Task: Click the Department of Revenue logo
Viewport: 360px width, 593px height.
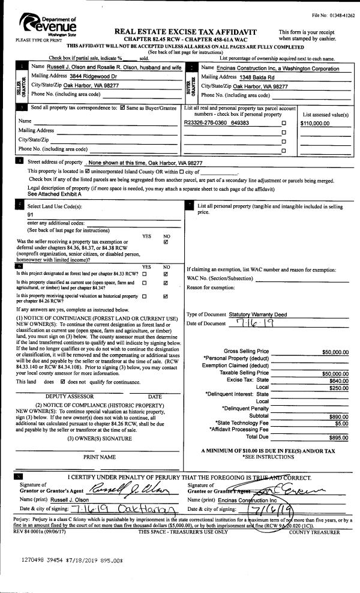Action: pyautogui.click(x=48, y=26)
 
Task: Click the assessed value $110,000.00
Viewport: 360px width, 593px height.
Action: pyautogui.click(x=316, y=122)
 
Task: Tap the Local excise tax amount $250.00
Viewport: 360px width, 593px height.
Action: pyautogui.click(x=338, y=388)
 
